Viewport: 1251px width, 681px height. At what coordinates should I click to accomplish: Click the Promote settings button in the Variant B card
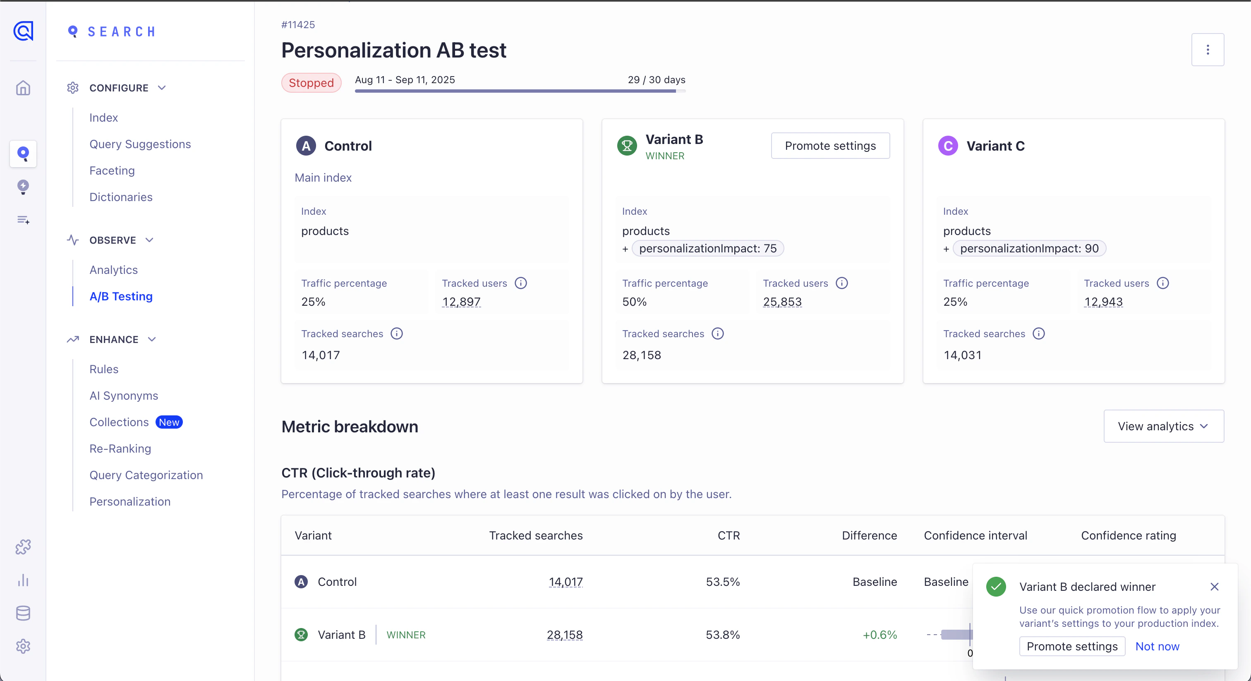[x=830, y=146]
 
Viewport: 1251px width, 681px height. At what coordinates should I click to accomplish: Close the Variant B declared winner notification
[x=1214, y=587]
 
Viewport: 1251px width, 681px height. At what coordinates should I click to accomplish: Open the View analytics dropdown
[x=1163, y=426]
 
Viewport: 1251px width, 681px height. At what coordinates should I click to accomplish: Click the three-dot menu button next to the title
[x=1207, y=50]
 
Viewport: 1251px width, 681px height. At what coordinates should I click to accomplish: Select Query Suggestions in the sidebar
[x=140, y=144]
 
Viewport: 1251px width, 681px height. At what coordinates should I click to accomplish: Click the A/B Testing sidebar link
[x=121, y=296]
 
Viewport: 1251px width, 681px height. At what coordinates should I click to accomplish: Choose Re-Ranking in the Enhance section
[x=120, y=448]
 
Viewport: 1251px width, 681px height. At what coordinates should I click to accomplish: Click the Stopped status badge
[x=311, y=83]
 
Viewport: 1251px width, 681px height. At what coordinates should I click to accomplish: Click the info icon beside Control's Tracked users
[x=520, y=283]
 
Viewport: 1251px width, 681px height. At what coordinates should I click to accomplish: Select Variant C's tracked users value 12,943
[x=1103, y=302]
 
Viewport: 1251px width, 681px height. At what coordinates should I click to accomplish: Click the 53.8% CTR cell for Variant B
[x=722, y=634]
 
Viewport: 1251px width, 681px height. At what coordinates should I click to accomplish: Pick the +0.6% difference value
[x=879, y=634]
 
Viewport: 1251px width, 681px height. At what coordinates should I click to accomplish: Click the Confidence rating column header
[x=1128, y=535]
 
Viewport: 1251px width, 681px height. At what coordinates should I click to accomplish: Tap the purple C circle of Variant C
[x=947, y=146]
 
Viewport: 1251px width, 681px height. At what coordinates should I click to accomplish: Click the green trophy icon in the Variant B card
[x=626, y=146]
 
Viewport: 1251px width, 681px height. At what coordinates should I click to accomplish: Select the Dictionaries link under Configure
[x=121, y=197]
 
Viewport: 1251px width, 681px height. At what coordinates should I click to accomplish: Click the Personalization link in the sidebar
[x=129, y=501]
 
